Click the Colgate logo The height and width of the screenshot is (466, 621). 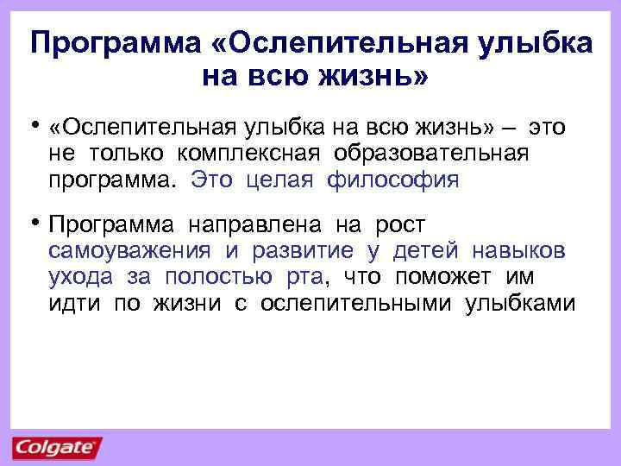(57, 447)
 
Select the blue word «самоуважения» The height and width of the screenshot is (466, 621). (129, 251)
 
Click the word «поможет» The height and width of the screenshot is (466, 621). (445, 277)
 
